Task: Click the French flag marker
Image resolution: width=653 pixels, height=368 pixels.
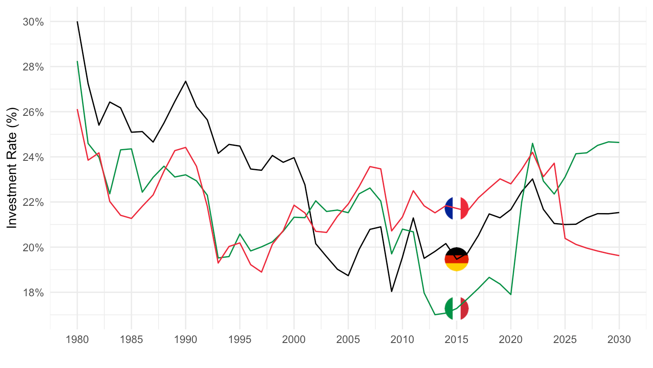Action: tap(457, 209)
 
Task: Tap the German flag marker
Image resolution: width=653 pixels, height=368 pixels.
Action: tap(457, 259)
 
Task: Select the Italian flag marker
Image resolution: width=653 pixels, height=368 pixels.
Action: tap(457, 308)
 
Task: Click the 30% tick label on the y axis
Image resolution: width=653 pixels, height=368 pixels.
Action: tap(34, 22)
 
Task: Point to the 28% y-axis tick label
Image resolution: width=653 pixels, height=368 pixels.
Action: tap(34, 67)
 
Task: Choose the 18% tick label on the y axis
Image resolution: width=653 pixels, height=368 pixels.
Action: tap(34, 293)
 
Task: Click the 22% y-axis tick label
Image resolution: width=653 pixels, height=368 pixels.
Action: tap(34, 202)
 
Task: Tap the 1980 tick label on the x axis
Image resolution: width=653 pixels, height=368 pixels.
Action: tap(77, 340)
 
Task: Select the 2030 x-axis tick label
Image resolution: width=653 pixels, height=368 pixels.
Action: tap(619, 340)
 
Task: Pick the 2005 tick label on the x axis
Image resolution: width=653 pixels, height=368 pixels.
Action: tap(348, 340)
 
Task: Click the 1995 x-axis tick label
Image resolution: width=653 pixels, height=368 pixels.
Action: tap(240, 340)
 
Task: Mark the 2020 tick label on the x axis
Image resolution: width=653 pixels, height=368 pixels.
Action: tap(511, 340)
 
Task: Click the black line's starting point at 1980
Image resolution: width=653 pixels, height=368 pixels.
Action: tap(77, 22)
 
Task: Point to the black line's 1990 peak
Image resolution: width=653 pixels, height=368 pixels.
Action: tap(185, 81)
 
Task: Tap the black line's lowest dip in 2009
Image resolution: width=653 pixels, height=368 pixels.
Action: tap(392, 292)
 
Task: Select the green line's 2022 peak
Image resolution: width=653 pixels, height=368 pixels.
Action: tap(532, 143)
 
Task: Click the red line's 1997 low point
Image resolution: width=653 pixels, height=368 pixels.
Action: tap(262, 272)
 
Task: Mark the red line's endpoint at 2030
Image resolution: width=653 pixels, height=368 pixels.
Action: tap(619, 256)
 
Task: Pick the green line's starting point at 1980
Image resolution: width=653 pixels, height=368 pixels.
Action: tap(77, 61)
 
